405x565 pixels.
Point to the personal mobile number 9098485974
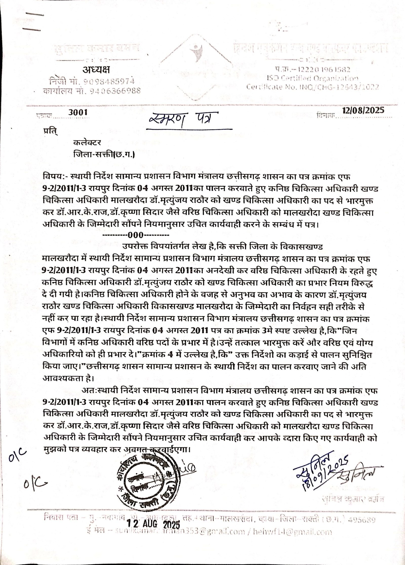tap(109, 81)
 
